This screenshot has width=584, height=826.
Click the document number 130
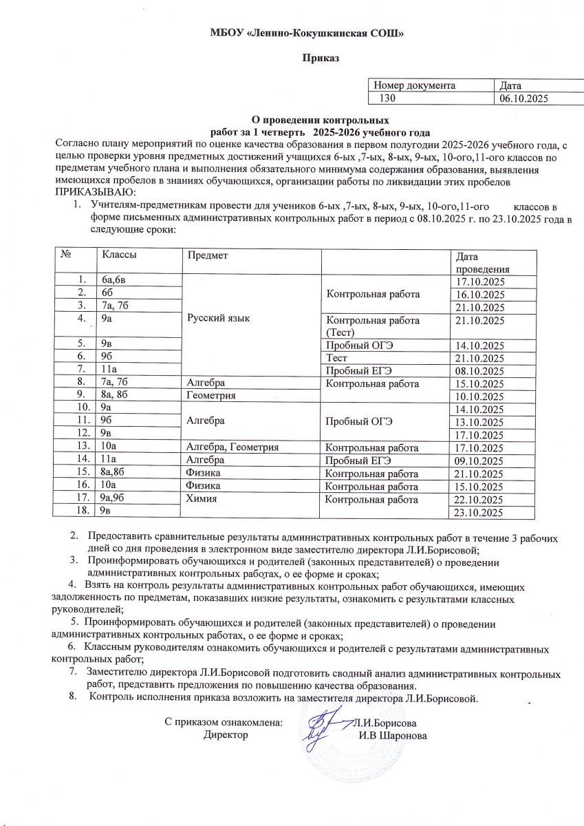(389, 99)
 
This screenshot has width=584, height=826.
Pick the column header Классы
(119, 255)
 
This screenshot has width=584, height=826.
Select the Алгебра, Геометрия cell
(231, 448)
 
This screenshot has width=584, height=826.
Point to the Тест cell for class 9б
(338, 359)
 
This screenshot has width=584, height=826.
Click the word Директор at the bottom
(226, 736)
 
